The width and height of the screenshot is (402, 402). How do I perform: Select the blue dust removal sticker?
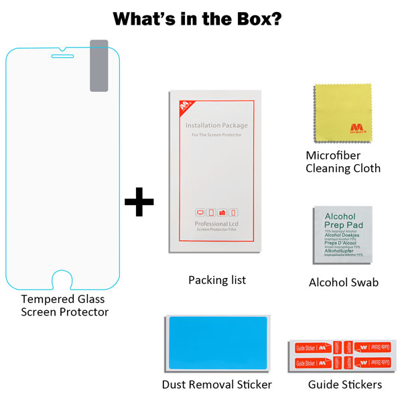click(x=217, y=344)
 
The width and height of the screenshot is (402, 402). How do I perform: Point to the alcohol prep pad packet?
click(x=342, y=234)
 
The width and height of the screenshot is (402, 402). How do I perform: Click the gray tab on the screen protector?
click(x=98, y=65)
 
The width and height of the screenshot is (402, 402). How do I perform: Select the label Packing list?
click(x=217, y=279)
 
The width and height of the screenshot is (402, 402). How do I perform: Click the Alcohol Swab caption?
click(x=343, y=282)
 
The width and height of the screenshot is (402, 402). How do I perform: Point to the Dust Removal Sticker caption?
click(x=217, y=385)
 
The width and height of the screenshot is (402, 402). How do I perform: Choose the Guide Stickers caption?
click(x=344, y=385)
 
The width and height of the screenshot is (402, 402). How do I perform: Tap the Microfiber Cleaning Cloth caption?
click(x=343, y=161)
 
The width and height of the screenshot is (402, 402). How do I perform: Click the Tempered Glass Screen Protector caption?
click(x=64, y=306)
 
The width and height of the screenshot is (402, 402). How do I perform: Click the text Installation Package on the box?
click(x=216, y=125)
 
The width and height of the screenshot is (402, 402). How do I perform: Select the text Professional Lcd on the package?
click(x=216, y=224)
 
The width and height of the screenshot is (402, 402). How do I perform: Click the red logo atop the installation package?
click(x=184, y=107)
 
